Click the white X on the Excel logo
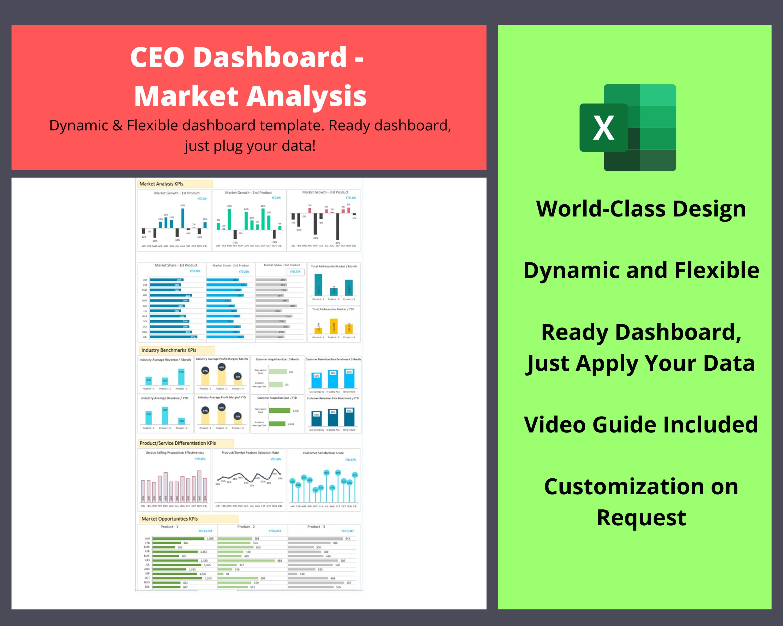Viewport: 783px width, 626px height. [x=603, y=128]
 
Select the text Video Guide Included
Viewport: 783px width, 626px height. [x=641, y=425]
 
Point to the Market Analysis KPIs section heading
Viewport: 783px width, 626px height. [x=161, y=184]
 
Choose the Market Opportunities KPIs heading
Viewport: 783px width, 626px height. [x=170, y=519]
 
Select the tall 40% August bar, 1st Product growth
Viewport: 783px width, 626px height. [x=183, y=218]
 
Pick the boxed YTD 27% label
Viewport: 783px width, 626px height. [x=295, y=272]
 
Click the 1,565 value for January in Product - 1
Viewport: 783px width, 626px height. [x=210, y=539]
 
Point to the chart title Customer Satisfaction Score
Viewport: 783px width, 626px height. [x=323, y=453]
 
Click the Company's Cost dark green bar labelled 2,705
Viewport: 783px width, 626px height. [x=279, y=411]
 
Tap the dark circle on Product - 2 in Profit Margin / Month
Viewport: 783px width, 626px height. [x=222, y=367]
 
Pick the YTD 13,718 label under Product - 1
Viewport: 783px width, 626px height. [x=205, y=531]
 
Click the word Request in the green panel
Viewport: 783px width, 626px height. [x=641, y=517]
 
